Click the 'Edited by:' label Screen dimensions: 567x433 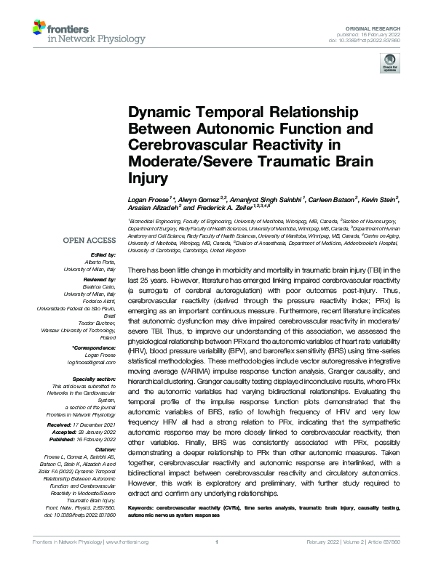tap(102, 255)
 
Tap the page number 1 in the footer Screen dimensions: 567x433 tap(217, 562)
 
